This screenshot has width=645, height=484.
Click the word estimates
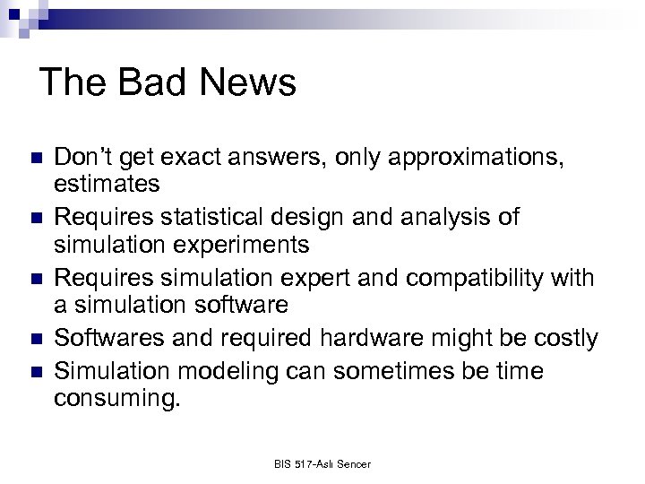[107, 185]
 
